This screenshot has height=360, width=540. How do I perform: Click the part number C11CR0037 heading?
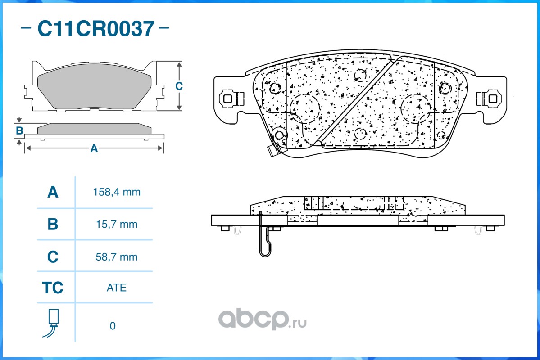click(x=95, y=29)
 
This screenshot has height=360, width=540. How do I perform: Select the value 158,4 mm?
click(x=117, y=192)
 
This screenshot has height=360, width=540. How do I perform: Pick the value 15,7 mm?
click(x=117, y=224)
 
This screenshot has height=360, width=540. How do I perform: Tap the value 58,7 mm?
click(x=117, y=257)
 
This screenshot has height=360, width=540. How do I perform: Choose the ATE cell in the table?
click(x=117, y=288)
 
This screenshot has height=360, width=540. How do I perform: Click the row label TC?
click(x=53, y=288)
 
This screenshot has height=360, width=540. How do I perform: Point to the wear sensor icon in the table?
click(x=53, y=323)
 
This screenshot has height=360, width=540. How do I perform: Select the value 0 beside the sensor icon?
click(x=113, y=326)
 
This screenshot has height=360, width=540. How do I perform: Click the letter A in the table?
click(x=53, y=192)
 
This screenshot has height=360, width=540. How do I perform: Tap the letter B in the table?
click(x=53, y=224)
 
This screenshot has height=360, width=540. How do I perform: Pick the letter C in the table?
click(x=53, y=257)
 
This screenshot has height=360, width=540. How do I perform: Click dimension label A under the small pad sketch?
click(x=94, y=148)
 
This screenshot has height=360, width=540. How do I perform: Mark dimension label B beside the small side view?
click(x=19, y=131)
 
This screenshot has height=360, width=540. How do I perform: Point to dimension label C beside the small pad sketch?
click(x=179, y=86)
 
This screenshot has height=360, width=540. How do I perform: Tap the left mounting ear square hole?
click(x=227, y=98)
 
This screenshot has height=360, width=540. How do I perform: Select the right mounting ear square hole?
click(x=492, y=98)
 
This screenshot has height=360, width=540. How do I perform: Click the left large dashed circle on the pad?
click(x=304, y=108)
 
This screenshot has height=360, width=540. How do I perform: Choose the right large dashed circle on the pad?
click(x=415, y=108)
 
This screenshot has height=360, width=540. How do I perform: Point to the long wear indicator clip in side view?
click(x=265, y=238)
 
